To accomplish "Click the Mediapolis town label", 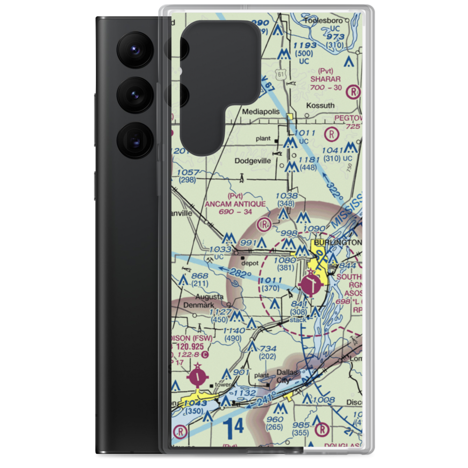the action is coord(261,112).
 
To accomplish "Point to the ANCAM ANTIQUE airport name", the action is coord(235,204).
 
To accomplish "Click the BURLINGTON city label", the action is coord(338,242).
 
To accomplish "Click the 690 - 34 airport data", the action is coord(235,212).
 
